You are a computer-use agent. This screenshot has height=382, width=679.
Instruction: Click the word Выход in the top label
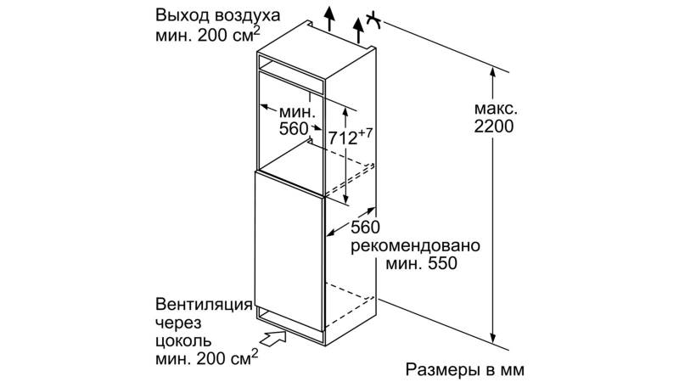pyautogui.click(x=182, y=16)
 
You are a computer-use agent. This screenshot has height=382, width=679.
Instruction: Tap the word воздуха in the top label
pyautogui.click(x=247, y=17)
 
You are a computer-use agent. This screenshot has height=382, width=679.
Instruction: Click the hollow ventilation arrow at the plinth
pyautogui.click(x=274, y=338)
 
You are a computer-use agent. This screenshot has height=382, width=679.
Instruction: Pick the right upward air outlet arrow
pyautogui.click(x=358, y=31)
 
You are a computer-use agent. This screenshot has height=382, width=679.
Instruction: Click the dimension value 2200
pyautogui.click(x=494, y=126)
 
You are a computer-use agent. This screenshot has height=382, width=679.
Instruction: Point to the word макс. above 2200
pyautogui.click(x=496, y=109)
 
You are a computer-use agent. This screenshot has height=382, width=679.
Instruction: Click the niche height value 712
pyautogui.click(x=343, y=138)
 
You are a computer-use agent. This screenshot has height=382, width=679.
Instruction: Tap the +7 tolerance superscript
pyautogui.click(x=366, y=133)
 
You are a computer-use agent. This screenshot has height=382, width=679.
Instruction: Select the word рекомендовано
pyautogui.click(x=415, y=246)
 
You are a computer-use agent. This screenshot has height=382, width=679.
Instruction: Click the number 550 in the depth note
pyautogui.click(x=441, y=263)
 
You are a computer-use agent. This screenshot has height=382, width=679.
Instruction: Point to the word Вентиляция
pyautogui.click(x=204, y=305)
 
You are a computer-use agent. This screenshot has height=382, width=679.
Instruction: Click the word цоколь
pyautogui.click(x=184, y=341)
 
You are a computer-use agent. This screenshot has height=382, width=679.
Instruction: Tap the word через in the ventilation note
pyautogui.click(x=178, y=323)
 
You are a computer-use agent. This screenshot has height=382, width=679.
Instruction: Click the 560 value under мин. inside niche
pyautogui.click(x=294, y=129)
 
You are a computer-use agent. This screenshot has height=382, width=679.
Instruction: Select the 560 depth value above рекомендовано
pyautogui.click(x=365, y=227)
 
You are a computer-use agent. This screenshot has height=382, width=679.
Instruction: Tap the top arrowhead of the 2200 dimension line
pyautogui.click(x=493, y=72)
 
